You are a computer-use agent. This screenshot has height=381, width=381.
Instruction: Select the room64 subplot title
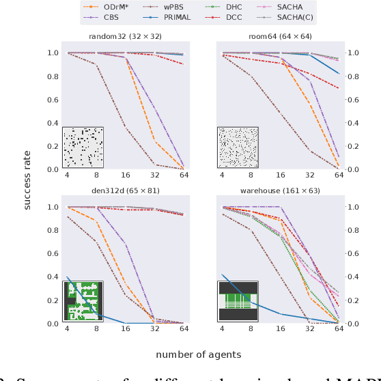280,36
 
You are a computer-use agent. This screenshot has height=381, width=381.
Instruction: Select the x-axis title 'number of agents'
198,354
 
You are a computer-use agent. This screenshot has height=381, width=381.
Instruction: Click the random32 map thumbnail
83,147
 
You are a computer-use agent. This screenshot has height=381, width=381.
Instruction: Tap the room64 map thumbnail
238,147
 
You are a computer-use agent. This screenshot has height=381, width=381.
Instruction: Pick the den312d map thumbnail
83,301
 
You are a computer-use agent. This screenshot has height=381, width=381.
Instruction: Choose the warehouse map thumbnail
238,301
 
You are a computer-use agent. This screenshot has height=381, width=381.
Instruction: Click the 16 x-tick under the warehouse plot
281,329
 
